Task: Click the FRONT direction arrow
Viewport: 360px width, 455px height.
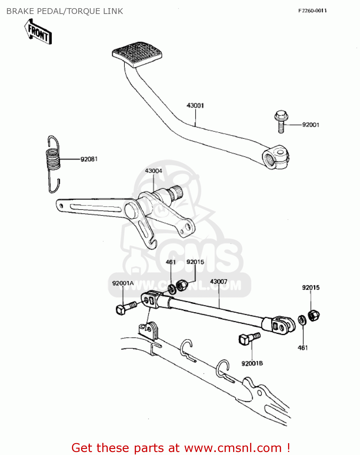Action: click(x=38, y=32)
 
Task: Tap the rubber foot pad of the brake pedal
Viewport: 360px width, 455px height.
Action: click(x=137, y=53)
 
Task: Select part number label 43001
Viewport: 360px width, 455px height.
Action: click(x=195, y=106)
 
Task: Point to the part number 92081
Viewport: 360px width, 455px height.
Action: click(x=89, y=159)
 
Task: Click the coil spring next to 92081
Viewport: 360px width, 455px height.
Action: click(x=53, y=159)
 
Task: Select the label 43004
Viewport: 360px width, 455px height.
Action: click(x=153, y=171)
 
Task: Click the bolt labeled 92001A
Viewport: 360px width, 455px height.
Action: click(x=126, y=307)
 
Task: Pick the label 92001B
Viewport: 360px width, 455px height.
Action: click(x=252, y=363)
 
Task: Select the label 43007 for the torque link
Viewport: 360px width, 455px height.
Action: click(x=219, y=282)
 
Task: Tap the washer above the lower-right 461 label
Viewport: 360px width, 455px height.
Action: click(x=302, y=320)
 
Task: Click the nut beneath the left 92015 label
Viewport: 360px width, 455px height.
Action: click(x=182, y=285)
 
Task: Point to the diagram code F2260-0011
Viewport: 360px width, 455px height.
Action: click(x=312, y=11)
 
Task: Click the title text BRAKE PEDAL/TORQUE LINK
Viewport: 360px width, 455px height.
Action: click(x=65, y=11)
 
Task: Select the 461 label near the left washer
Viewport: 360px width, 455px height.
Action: click(x=171, y=262)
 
